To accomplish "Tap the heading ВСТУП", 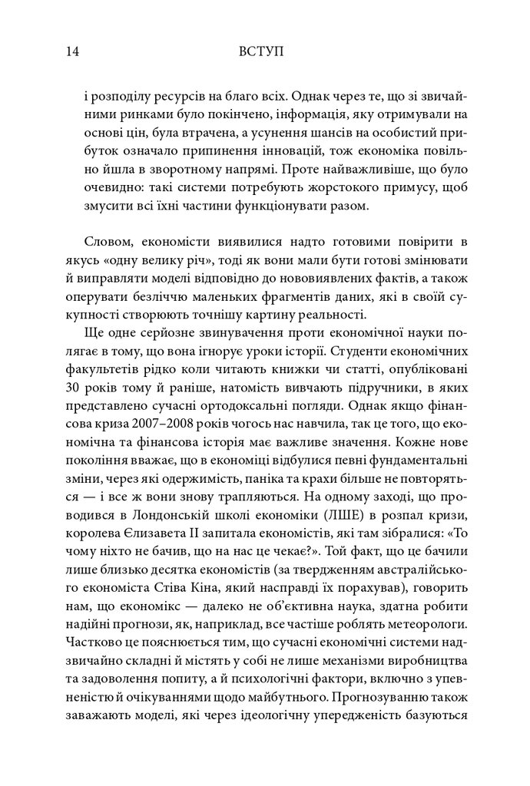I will [x=263, y=52].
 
